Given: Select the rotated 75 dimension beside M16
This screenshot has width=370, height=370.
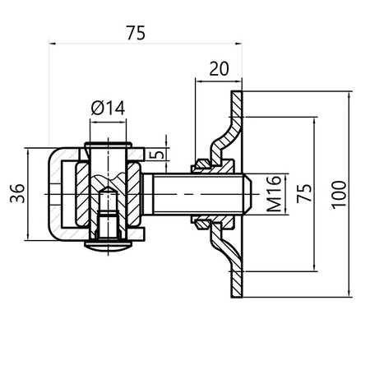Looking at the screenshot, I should tap(303, 194).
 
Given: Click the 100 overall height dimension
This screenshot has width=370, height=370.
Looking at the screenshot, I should tap(340, 194).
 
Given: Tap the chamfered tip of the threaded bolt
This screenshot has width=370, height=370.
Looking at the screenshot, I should tap(247, 194).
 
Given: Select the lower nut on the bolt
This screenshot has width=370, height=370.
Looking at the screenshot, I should tap(201, 220).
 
